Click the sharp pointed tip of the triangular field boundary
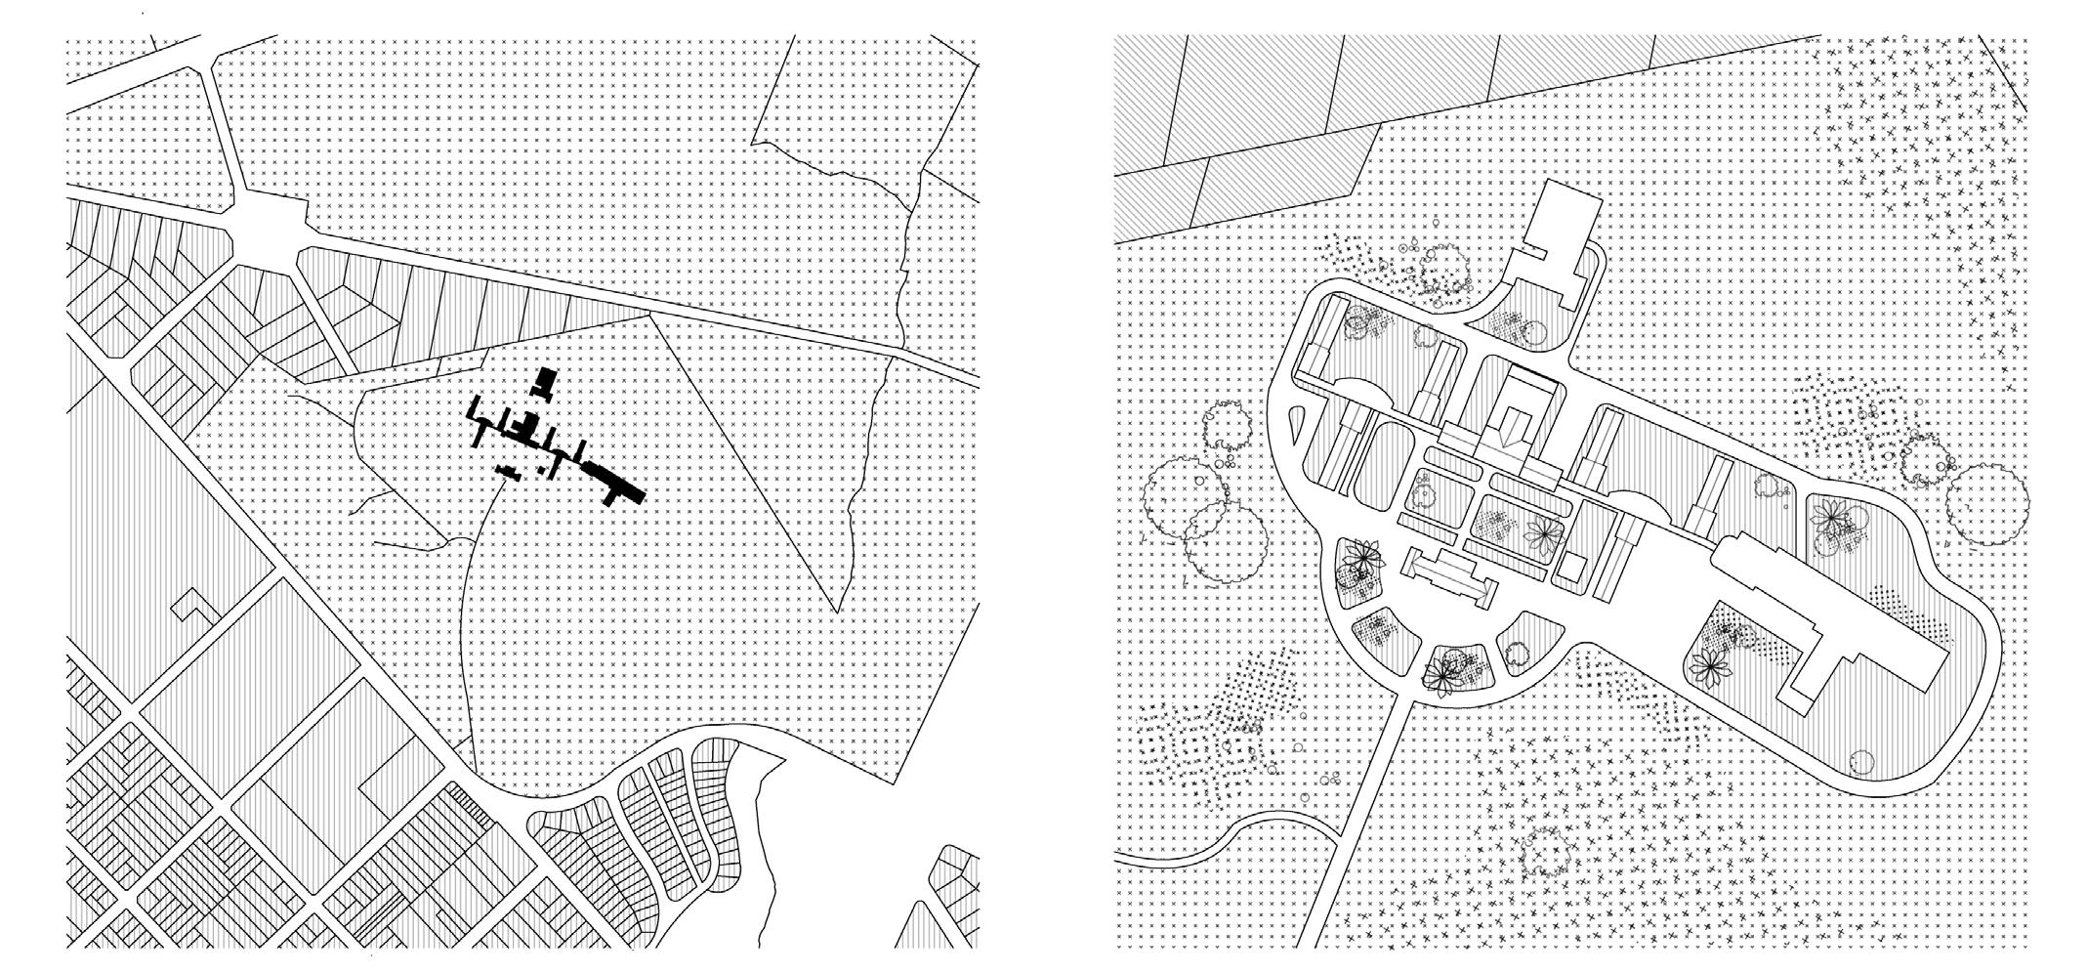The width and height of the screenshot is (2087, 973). click(836, 612)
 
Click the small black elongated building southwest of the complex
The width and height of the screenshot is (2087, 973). click(506, 473)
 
